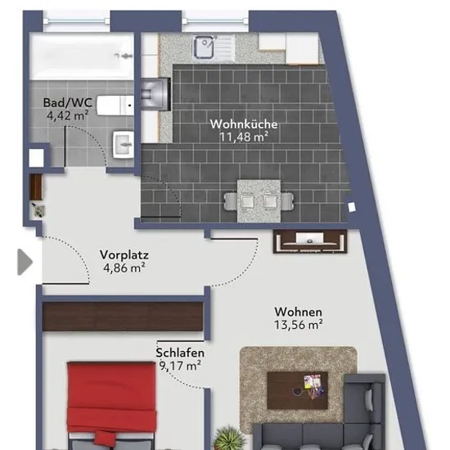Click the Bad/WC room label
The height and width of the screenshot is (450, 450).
[x=68, y=103]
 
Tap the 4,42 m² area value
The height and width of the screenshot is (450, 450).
[x=67, y=115]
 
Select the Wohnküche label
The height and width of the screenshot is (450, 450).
[x=244, y=124]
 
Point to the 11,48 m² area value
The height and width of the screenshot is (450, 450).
[x=244, y=137]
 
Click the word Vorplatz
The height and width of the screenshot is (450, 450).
[x=124, y=254]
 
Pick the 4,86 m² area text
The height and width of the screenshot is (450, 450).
[x=124, y=268]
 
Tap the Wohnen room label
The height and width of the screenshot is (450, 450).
[x=298, y=312]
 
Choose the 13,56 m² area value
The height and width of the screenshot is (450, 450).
[x=298, y=325]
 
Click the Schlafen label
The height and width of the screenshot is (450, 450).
[x=180, y=353]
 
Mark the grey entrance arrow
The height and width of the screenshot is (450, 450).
[x=25, y=262]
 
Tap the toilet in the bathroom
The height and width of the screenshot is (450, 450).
[x=115, y=106]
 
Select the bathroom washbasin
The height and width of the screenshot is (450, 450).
[x=124, y=145]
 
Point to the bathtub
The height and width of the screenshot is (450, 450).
[x=82, y=56]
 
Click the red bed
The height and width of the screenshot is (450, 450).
[x=111, y=405]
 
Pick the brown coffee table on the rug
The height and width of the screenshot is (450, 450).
[x=297, y=390]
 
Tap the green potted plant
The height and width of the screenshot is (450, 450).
[x=229, y=439]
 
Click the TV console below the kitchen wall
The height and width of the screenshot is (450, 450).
[x=310, y=241]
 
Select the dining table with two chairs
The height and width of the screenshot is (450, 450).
[x=259, y=201]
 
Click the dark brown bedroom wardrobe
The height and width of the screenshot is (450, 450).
[x=123, y=317]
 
